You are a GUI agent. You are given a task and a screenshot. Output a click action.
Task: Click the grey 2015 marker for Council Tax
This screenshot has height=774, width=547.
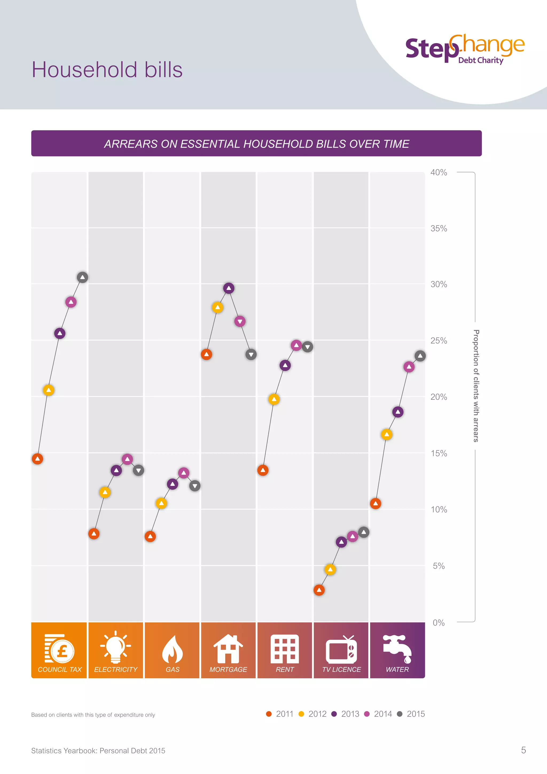point(83,277)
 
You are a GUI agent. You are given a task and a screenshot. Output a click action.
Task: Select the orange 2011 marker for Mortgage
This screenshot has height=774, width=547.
point(206,354)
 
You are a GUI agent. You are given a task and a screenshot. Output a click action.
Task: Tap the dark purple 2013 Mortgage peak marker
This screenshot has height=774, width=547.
point(229,288)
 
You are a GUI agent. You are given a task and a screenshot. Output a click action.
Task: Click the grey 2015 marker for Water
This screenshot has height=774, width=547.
point(420,356)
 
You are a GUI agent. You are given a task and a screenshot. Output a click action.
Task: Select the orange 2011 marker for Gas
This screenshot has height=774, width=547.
point(150,536)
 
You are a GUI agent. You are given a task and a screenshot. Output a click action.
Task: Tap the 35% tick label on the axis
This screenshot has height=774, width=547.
point(439,229)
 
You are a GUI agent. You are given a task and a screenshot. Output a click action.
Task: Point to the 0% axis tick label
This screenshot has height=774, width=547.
point(439,623)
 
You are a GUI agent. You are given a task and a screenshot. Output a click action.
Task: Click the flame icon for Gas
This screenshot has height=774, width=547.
point(173,649)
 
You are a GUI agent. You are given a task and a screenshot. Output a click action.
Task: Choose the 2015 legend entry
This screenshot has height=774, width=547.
point(411,714)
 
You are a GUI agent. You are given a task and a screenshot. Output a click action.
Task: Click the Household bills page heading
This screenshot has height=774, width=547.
point(107,70)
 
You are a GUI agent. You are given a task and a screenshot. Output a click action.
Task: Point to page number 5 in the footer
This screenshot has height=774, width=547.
point(523,750)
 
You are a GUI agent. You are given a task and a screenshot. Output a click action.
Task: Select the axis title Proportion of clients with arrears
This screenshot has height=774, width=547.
point(476,386)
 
